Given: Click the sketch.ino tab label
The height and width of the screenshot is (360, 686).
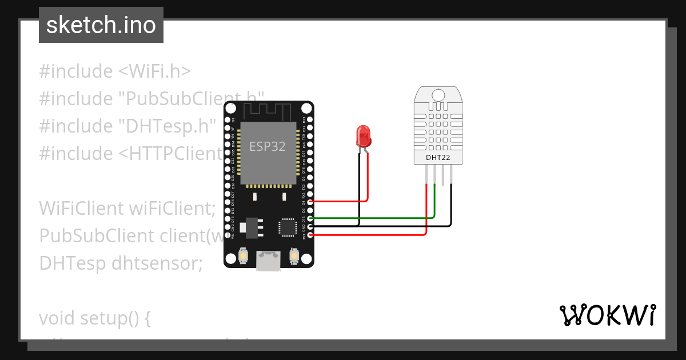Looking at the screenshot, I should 101,26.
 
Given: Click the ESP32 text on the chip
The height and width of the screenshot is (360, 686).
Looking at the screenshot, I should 267,146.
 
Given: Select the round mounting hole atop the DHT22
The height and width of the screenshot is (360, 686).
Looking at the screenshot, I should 438,95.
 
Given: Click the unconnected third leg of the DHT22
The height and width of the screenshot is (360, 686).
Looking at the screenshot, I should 443,175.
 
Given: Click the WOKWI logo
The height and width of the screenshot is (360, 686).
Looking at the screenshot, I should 607,315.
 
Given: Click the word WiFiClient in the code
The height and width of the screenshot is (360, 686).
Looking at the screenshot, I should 79,209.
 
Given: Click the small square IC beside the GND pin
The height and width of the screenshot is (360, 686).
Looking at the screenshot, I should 288,226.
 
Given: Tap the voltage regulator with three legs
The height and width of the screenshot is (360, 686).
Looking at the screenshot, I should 249,227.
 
